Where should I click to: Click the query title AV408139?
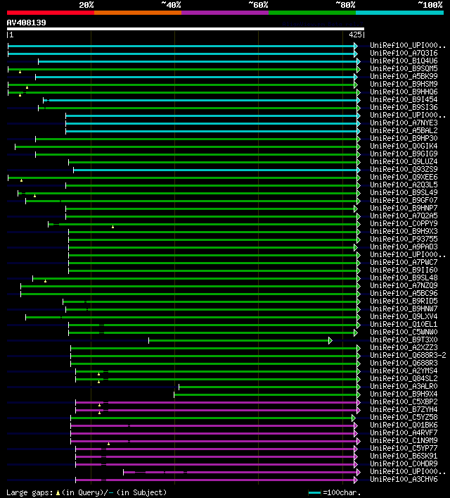pos(27,23)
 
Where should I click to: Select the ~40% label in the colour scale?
pos(171,5)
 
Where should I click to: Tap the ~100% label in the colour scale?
pos(430,5)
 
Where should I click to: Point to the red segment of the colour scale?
pos(50,12)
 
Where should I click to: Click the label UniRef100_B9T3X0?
pos(404,340)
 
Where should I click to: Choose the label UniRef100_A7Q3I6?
pos(404,53)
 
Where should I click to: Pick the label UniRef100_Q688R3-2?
pos(408,355)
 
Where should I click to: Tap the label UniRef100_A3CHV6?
pos(404,479)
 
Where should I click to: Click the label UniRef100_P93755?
pos(404,239)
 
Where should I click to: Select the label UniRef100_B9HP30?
pos(404,138)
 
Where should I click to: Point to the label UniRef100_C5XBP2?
pos(404,401)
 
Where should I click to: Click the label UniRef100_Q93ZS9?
pos(404,169)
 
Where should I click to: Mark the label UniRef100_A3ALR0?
pos(404,386)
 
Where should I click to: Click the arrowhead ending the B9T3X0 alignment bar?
pos(330,340)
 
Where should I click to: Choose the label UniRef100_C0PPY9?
pos(404,223)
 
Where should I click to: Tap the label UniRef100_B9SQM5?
pos(404,68)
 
